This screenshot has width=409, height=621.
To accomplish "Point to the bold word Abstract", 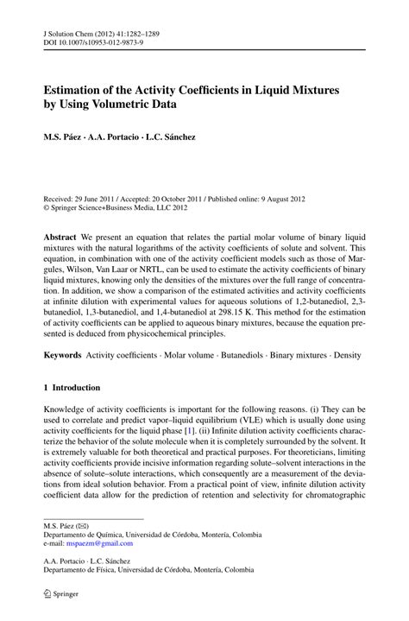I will click(x=62, y=235).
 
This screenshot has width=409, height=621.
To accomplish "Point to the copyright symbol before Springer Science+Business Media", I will click(x=47, y=207).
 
